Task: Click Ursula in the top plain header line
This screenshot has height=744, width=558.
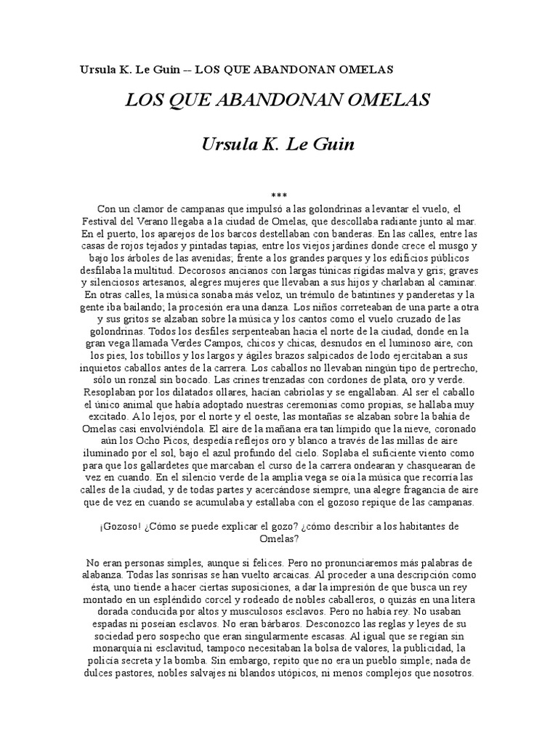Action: [x=98, y=70]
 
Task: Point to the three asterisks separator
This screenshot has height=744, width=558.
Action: [x=278, y=196]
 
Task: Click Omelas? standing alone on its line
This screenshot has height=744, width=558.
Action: [x=278, y=538]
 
